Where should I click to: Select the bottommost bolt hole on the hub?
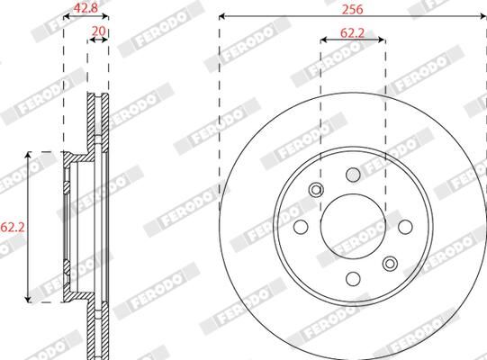pos(354,278)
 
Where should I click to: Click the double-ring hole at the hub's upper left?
pos(315,189)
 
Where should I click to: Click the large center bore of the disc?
pos(353,224)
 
